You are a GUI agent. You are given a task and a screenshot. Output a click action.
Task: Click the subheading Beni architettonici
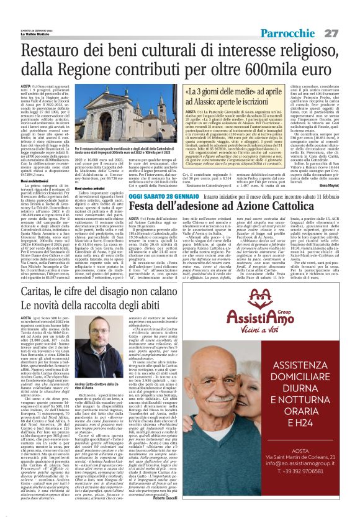coord(37,180)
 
